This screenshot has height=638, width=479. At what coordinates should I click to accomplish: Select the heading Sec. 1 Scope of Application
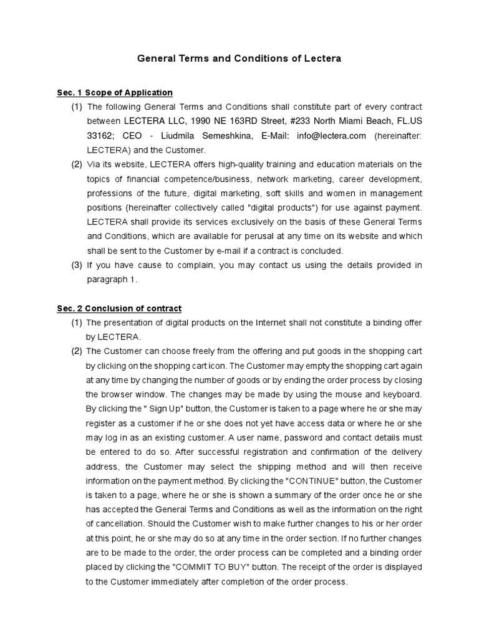click(115, 93)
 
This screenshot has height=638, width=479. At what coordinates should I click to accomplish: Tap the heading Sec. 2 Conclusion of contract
click(119, 308)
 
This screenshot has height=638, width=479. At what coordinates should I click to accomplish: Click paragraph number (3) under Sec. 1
click(76, 265)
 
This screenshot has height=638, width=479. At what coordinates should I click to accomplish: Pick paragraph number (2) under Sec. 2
click(76, 351)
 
